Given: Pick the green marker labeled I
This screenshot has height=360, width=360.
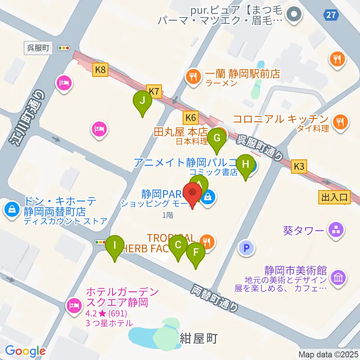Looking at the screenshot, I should click(115, 246).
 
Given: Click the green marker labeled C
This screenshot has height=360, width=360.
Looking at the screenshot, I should click(178, 246).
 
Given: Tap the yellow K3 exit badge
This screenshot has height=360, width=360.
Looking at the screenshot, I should click(299, 166).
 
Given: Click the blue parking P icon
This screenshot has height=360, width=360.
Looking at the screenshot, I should click(246, 248).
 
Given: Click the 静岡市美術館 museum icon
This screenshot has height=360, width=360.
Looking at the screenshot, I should click(339, 278).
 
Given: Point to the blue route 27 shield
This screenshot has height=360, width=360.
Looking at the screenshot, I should click(331, 15).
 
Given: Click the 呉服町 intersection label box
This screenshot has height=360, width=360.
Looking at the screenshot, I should click(38, 48).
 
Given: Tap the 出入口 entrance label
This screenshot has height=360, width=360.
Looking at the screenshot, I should click(334, 196).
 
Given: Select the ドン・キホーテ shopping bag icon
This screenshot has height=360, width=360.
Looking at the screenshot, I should click(12, 208).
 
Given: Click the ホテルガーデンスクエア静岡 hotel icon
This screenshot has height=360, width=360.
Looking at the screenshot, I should click(74, 306).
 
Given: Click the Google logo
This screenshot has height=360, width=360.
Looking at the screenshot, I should click(25, 351).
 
